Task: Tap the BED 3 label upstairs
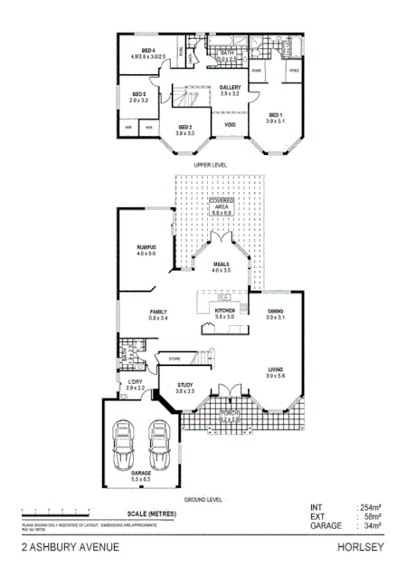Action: [138, 94]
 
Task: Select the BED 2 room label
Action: [185, 127]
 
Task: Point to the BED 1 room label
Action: [275, 114]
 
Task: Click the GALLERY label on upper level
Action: [230, 87]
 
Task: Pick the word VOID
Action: [230, 124]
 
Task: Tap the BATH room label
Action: [227, 53]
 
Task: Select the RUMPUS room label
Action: [146, 246]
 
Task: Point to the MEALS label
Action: [222, 264]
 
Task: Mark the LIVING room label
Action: [276, 370]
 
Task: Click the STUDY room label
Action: [185, 384]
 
